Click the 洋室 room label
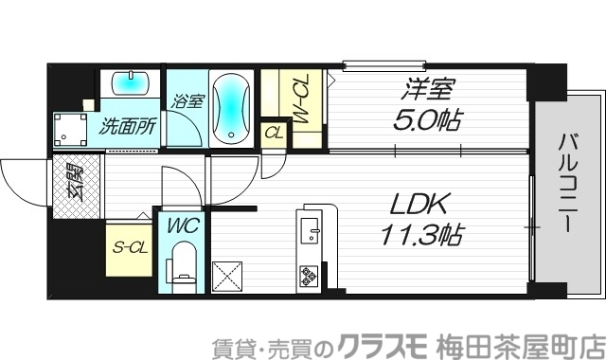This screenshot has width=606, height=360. coord(430,91)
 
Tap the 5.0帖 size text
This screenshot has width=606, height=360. coord(428,121)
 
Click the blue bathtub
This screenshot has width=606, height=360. coord(230,108)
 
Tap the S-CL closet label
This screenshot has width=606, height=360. coord(129,249)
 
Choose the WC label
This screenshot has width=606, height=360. coord(184,227)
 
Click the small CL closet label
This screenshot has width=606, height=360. coord(274,133)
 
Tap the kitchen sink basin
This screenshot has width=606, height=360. coord(311,228)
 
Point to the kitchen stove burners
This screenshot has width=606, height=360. coord(311,276)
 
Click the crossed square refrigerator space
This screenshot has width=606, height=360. coord(230,276)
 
